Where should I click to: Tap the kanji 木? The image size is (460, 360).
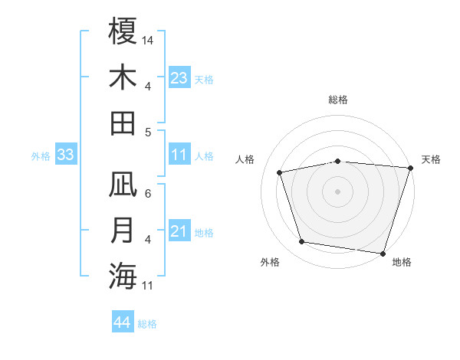(x=123, y=77)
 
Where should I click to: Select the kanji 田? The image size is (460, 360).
(x=123, y=123)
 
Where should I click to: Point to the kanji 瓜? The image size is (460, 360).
(x=123, y=185)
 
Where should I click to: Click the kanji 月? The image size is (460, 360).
(x=123, y=231)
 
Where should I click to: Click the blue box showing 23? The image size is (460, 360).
(x=179, y=78)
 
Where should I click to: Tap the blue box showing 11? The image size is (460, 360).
(x=179, y=155)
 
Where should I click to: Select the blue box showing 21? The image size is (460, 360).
(x=179, y=232)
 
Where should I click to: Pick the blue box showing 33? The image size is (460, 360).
(x=65, y=155)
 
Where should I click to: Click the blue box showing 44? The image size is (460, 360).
(x=122, y=323)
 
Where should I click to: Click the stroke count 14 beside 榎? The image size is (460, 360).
(x=148, y=40)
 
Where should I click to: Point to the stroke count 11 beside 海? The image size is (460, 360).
(x=148, y=286)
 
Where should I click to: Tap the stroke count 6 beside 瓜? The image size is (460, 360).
(x=148, y=194)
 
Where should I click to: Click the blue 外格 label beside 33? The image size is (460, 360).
(x=41, y=156)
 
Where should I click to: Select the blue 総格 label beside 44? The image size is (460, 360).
(x=147, y=324)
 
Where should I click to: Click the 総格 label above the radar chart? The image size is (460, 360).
(x=337, y=100)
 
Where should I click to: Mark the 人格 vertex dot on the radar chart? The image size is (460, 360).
(x=280, y=172)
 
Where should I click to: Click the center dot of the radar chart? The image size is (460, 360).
(x=337, y=191)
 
